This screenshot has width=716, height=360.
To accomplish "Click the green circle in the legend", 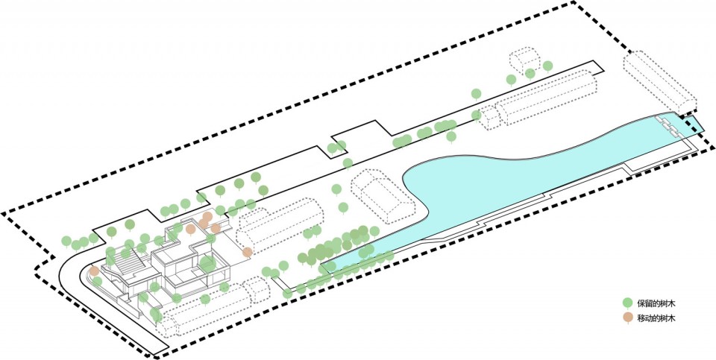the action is pos(628,303).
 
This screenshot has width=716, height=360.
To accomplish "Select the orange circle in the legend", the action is pos(628,318).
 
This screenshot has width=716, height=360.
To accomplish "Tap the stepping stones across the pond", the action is pos(670,127).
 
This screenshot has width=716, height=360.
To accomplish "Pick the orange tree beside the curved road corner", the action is pos(94,271).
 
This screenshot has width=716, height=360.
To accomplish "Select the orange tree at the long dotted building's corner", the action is pos(247,252).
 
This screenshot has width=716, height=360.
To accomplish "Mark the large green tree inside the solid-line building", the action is pos(207,263).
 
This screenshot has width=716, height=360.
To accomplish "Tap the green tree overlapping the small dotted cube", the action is pos(530,74).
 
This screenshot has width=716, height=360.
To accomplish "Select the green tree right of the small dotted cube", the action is pos(547,66).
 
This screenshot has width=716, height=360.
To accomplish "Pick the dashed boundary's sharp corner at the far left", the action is pos(3,213).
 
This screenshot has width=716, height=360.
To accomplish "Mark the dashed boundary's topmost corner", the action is pos(573,3).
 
